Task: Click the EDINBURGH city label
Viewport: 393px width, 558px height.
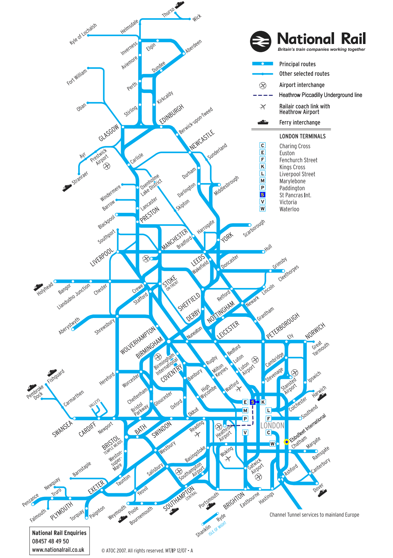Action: [172, 114]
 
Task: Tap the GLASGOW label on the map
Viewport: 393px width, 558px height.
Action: [109, 133]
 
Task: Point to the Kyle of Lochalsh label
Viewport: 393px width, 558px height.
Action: [83, 34]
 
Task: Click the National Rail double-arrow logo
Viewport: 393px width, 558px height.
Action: [260, 41]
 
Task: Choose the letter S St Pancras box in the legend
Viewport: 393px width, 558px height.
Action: [263, 195]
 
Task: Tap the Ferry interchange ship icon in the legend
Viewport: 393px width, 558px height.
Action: [263, 122]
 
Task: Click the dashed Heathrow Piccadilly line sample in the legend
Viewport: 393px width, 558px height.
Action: [263, 95]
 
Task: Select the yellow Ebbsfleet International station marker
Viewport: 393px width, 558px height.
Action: [286, 442]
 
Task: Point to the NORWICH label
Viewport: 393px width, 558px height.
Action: [315, 331]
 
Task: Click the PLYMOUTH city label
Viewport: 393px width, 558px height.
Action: [61, 511]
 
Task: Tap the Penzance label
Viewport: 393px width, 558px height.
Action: [30, 500]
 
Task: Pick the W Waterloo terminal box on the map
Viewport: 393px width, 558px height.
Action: [272, 444]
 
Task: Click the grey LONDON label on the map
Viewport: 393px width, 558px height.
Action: [272, 425]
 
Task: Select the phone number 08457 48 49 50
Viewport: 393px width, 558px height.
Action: [50, 541]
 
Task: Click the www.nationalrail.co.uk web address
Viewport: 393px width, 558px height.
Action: [58, 550]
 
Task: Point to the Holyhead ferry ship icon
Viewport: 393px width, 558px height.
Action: [38, 287]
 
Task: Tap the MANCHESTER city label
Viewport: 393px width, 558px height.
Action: [174, 239]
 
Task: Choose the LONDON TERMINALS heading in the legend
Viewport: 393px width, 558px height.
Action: [302, 136]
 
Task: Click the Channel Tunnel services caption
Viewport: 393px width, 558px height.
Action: [314, 515]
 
